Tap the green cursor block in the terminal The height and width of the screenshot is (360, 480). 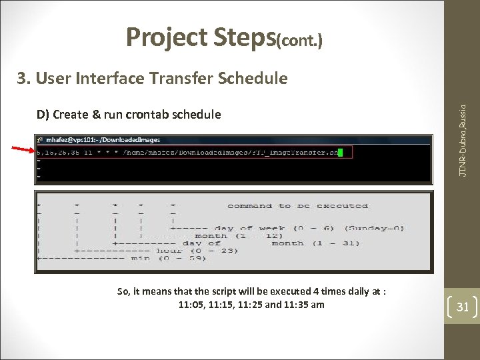tap(340, 152)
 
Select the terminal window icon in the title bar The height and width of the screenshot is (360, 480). tap(41, 140)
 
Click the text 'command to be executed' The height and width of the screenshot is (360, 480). tap(297, 206)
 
